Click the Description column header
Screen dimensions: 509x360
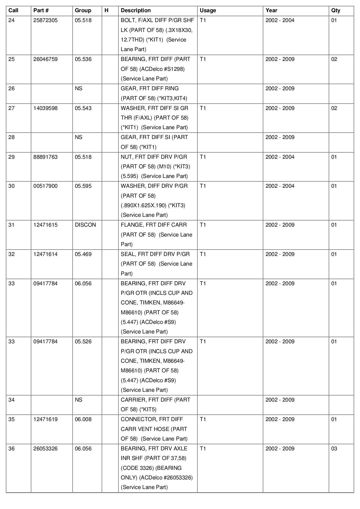click(136, 10)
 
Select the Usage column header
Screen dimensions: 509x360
click(208, 10)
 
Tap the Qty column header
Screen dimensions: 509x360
click(336, 10)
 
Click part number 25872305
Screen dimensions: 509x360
click(45, 20)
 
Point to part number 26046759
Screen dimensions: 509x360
click(45, 59)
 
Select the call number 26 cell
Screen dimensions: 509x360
click(12, 89)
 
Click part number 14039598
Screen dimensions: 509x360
click(45, 108)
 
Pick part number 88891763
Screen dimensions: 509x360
click(45, 157)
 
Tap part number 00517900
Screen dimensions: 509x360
click(45, 186)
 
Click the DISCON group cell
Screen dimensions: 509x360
click(85, 225)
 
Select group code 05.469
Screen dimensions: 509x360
click(83, 254)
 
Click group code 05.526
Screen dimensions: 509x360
click(83, 342)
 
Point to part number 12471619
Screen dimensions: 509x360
click(45, 419)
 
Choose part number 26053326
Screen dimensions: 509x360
click(45, 449)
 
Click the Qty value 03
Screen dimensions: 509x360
click(334, 449)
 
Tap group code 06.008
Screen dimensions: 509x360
click(83, 419)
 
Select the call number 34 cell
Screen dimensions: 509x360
click(12, 400)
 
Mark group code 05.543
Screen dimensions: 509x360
click(83, 108)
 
